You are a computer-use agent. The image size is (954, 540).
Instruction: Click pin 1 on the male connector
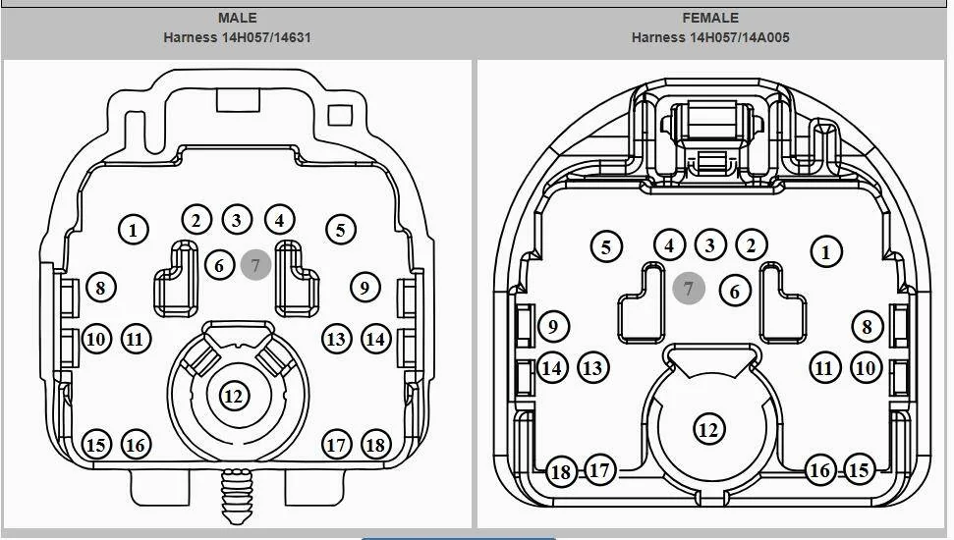[x=134, y=230]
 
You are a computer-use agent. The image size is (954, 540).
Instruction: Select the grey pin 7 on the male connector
[x=255, y=265]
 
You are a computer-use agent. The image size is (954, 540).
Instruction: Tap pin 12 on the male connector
[x=234, y=397]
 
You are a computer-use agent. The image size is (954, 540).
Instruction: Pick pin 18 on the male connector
[x=376, y=445]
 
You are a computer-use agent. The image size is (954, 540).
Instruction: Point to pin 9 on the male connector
[x=365, y=287]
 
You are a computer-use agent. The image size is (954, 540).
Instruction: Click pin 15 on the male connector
[x=96, y=445]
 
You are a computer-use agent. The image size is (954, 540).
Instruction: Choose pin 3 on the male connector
[x=238, y=220]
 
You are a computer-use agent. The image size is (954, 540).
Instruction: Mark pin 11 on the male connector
[x=136, y=339]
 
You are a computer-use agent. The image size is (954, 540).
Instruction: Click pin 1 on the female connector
[x=826, y=251]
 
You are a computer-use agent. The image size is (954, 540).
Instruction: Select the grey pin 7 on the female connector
[x=689, y=289]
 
